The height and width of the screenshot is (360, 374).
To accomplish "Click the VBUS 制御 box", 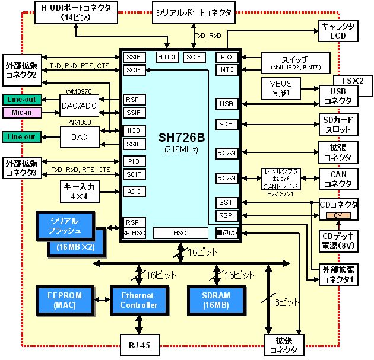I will coord(281,89).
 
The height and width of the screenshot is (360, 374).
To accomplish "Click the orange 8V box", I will coord(337,214).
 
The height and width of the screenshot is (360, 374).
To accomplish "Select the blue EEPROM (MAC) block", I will coord(65,300).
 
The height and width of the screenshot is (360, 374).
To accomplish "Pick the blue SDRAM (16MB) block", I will coord(216,300).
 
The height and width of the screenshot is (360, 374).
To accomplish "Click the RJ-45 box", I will coord(140,344).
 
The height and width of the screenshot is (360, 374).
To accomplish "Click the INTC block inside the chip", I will coord(227,70).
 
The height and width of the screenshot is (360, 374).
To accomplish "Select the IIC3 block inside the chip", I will coord(134,130).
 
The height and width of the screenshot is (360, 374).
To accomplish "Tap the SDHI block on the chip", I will coord(227,125).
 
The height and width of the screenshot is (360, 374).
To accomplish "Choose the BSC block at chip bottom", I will coord(180,234).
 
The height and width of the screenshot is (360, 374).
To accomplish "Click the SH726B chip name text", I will coord(181,138).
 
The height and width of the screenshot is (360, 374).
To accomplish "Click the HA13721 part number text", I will coord(281,193).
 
